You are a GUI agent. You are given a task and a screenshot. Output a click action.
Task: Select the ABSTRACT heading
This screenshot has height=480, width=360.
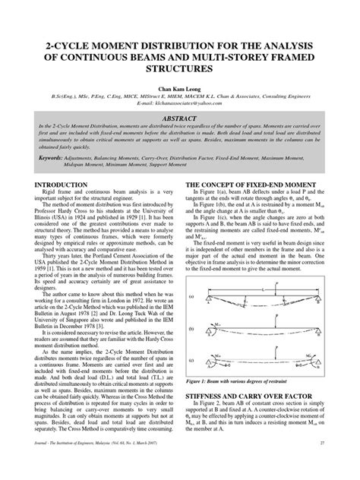pos(179,118)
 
